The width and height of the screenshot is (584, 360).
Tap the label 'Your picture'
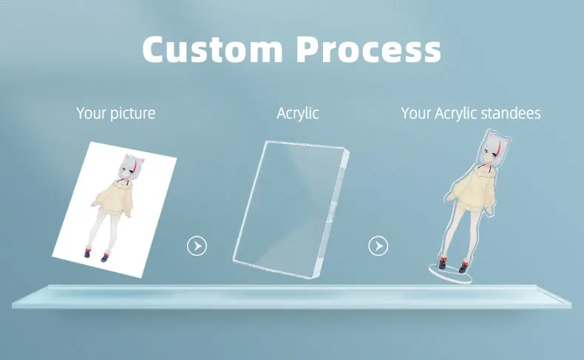(116, 113)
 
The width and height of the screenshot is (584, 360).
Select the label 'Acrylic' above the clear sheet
(298, 113)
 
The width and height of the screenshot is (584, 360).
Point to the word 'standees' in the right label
(511, 113)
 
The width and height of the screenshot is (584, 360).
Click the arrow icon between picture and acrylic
(197, 245)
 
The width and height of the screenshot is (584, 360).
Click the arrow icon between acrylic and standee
(378, 245)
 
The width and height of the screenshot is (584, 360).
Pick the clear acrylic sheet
(288, 207)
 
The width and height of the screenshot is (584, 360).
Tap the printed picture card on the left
(115, 207)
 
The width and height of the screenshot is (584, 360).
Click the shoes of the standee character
(452, 262)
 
